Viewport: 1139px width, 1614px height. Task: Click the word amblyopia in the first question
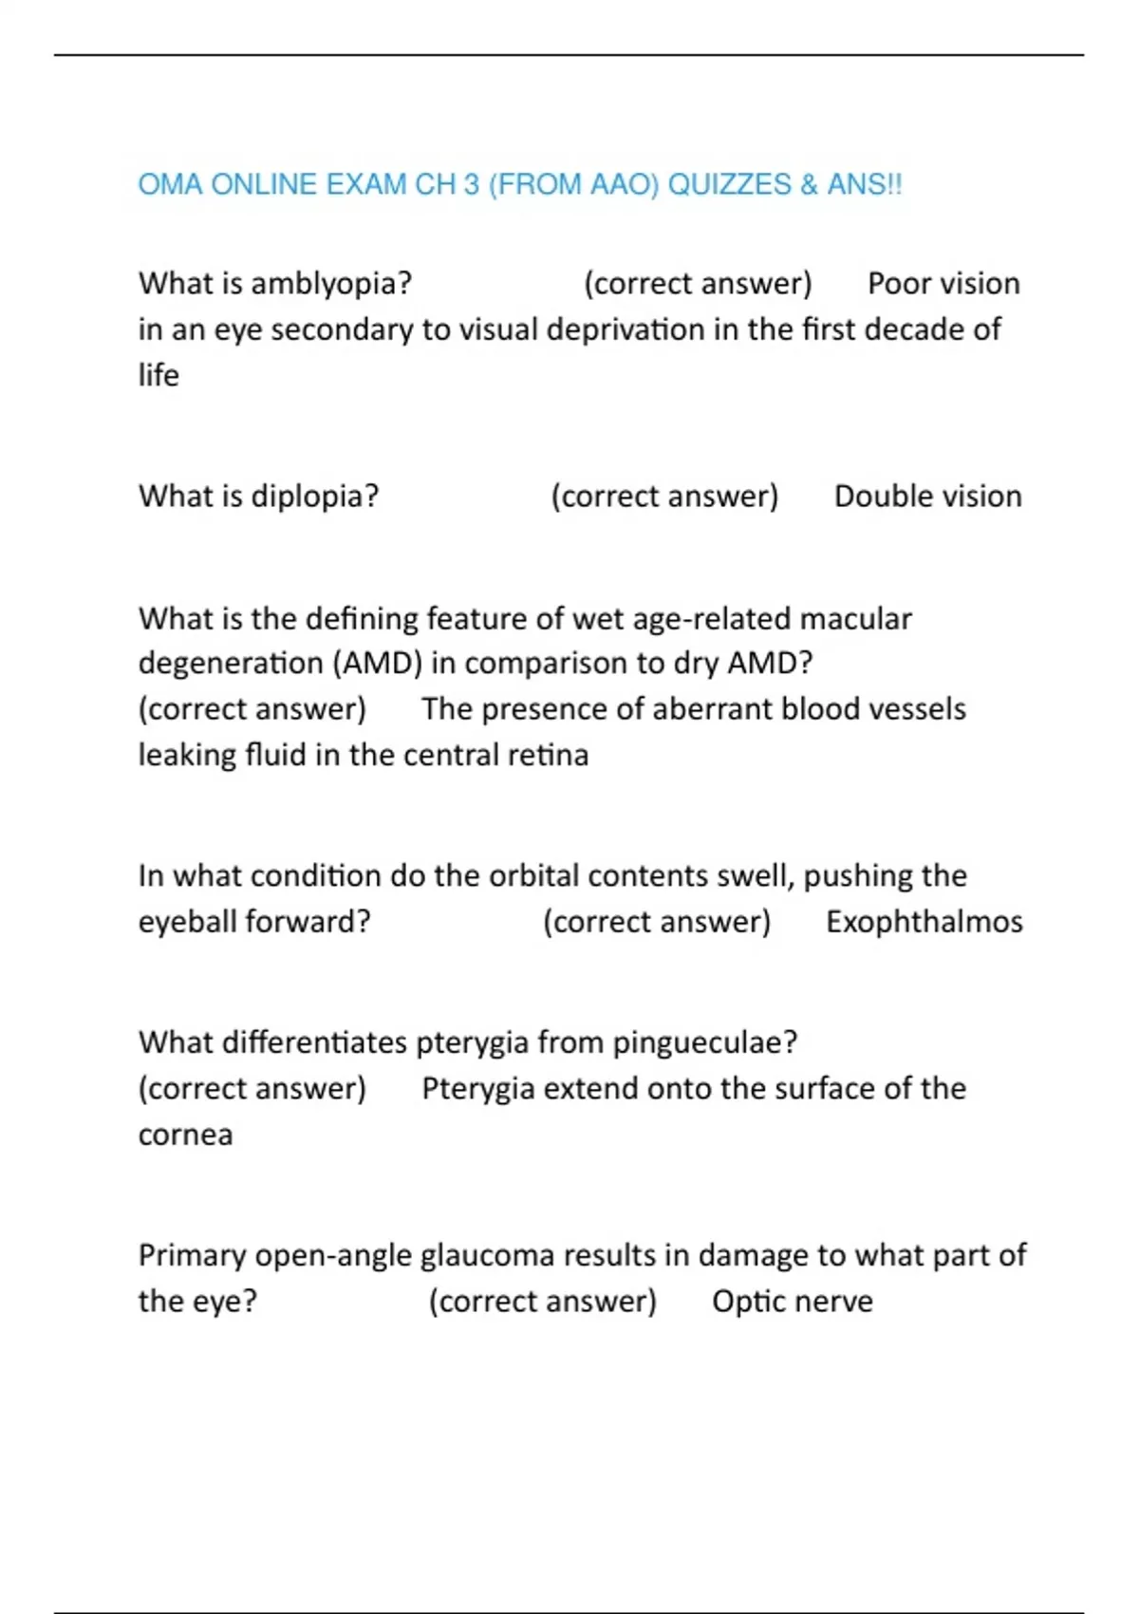point(331,284)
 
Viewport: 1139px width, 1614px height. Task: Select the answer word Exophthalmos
point(924,922)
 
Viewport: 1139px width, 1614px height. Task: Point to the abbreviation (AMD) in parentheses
point(378,663)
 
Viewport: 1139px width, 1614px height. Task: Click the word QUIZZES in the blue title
point(729,184)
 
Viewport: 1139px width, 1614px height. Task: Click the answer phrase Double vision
point(927,497)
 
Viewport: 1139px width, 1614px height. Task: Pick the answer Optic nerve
point(793,1302)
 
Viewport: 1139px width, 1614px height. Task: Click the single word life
point(159,376)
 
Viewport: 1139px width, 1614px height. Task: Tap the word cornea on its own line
point(185,1135)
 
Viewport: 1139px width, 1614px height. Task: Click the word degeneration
point(231,663)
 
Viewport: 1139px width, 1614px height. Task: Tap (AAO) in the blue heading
point(624,184)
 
